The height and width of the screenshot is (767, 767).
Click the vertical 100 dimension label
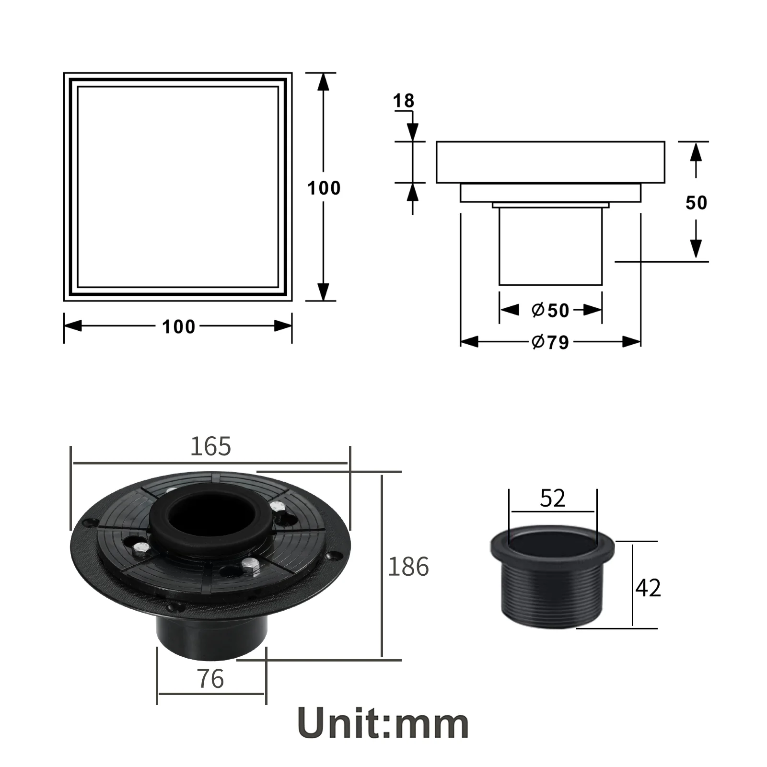point(324,188)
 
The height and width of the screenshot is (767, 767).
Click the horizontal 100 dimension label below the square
point(178,327)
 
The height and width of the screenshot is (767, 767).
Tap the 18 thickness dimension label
point(403,101)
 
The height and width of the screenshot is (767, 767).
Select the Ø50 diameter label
point(550,310)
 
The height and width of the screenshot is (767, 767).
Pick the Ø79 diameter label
point(550,342)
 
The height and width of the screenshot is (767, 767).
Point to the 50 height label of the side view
point(696,203)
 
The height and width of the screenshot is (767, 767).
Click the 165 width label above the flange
point(210,446)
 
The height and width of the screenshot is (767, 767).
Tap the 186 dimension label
point(408,566)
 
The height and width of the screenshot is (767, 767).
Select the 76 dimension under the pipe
point(210,679)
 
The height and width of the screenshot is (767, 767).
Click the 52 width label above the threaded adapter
point(553,499)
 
